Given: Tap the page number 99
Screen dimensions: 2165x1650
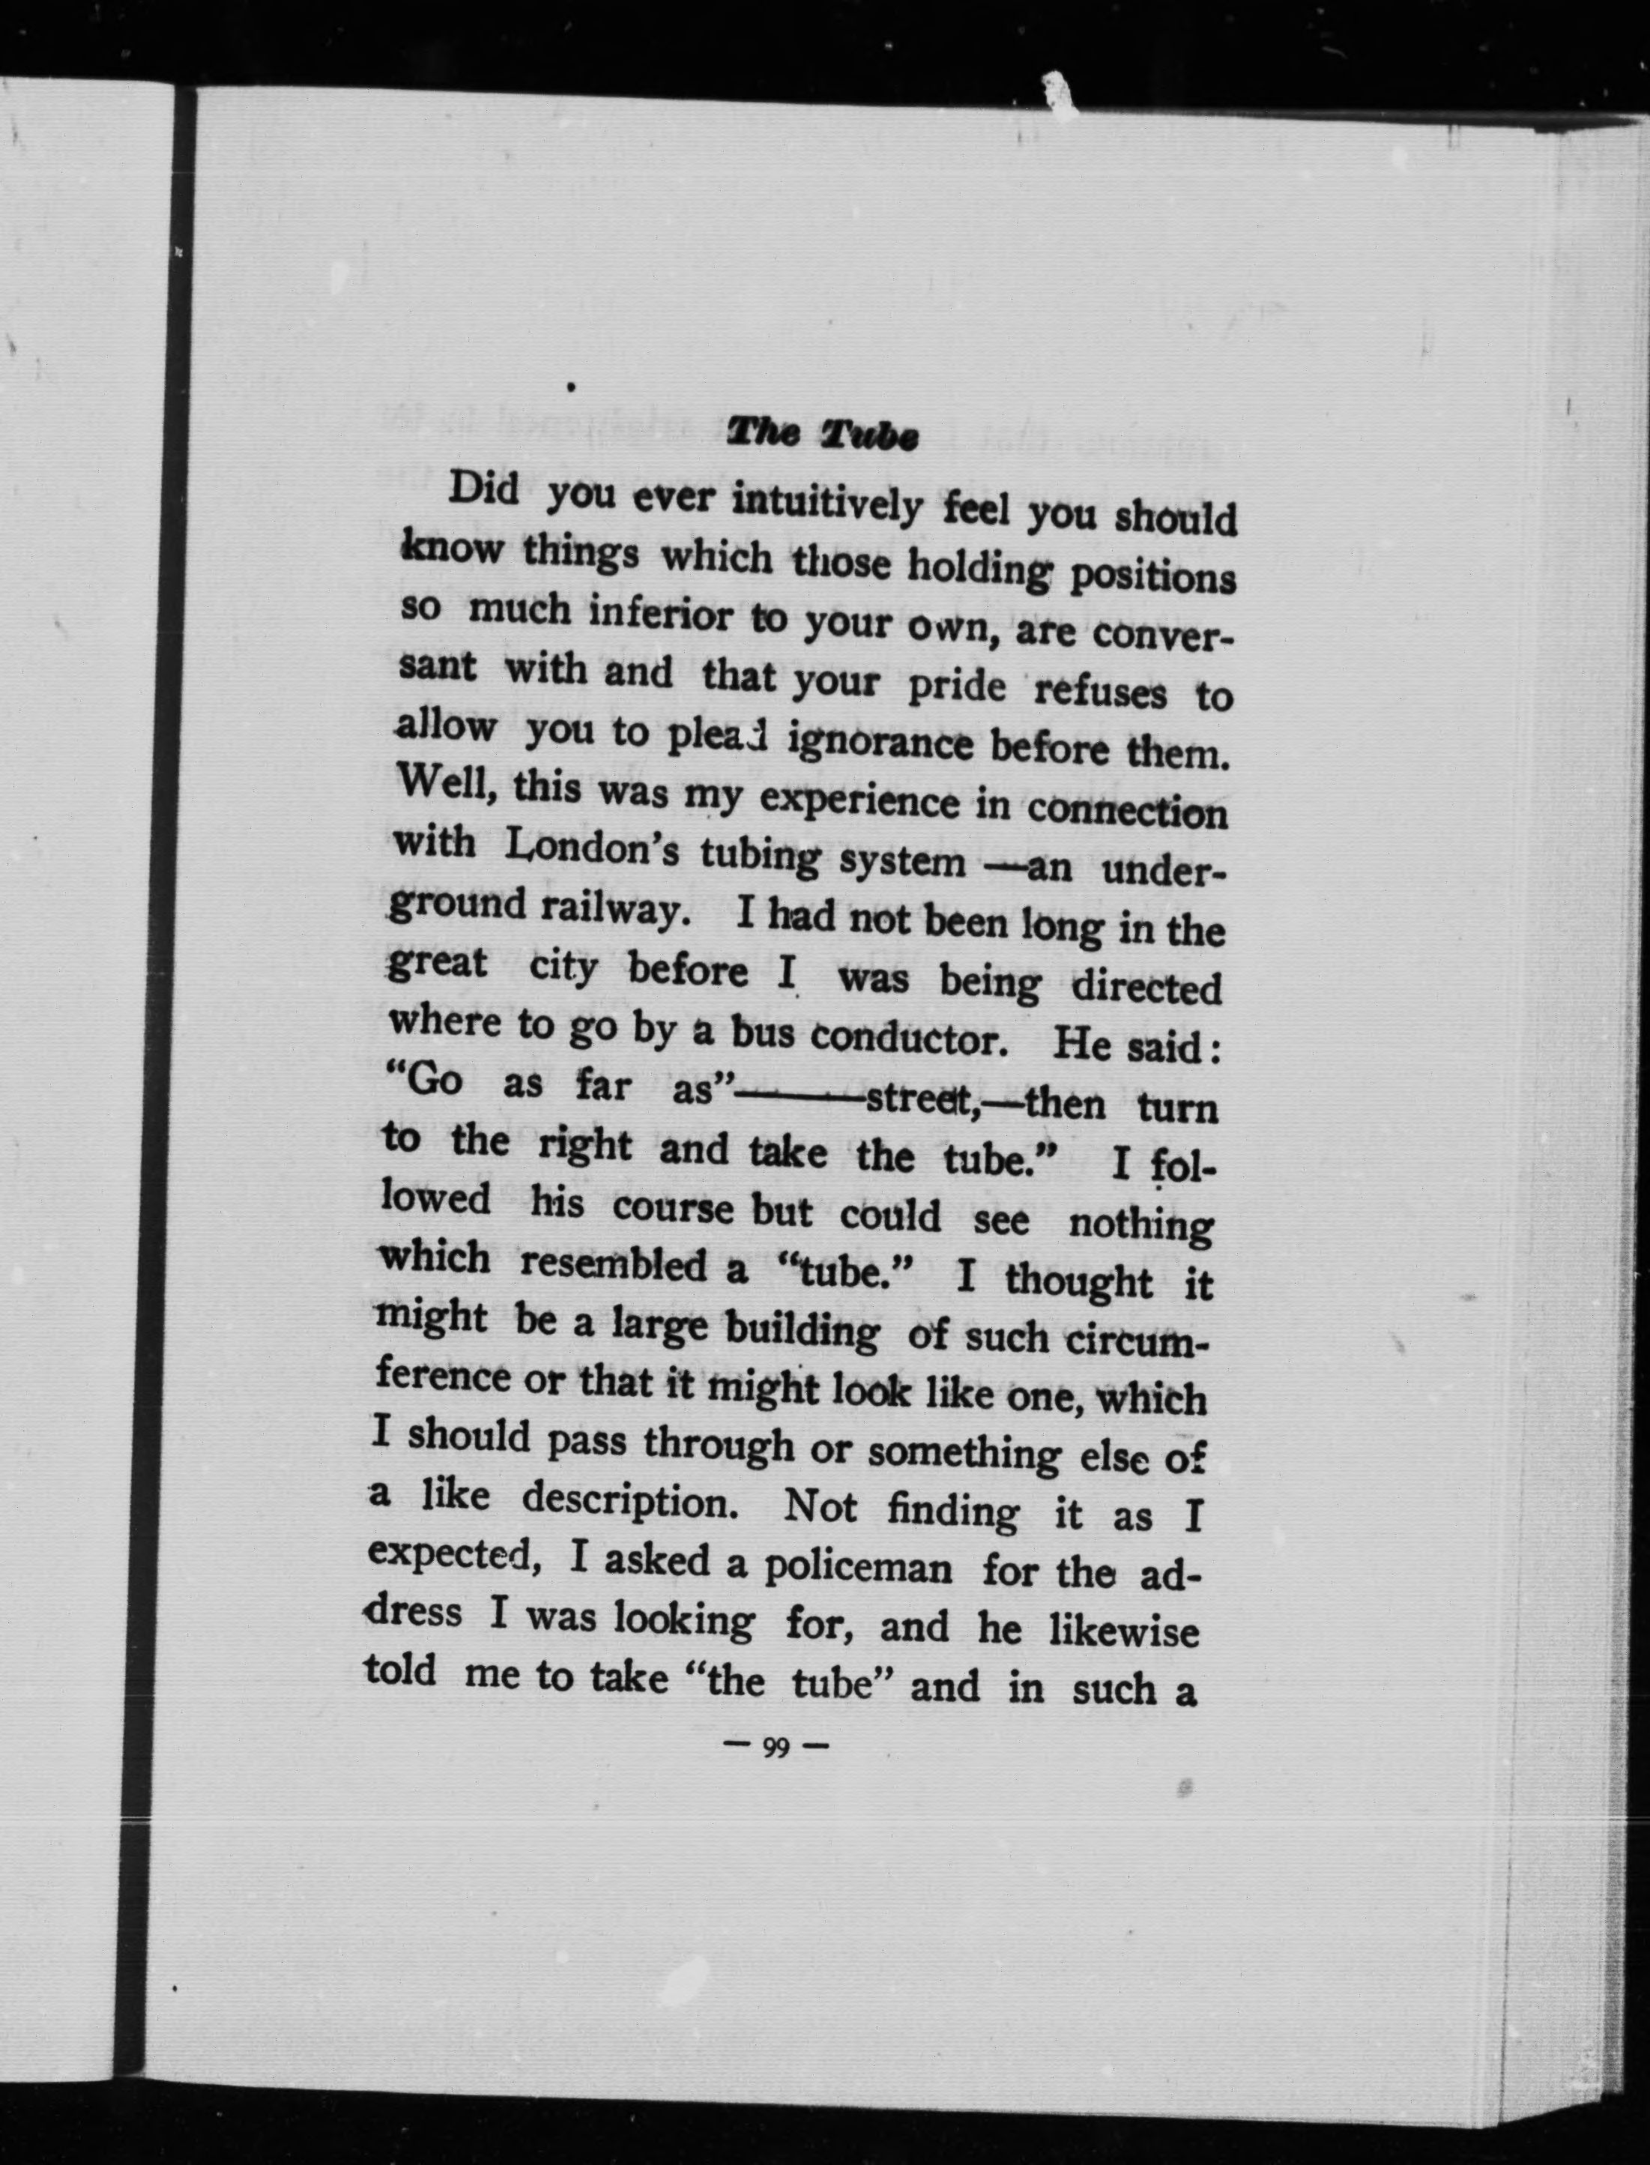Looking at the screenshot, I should pos(776,1748).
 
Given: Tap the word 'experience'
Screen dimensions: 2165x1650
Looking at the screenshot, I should pos(859,800).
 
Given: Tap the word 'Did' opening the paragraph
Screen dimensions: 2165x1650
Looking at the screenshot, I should pos(484,488).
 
